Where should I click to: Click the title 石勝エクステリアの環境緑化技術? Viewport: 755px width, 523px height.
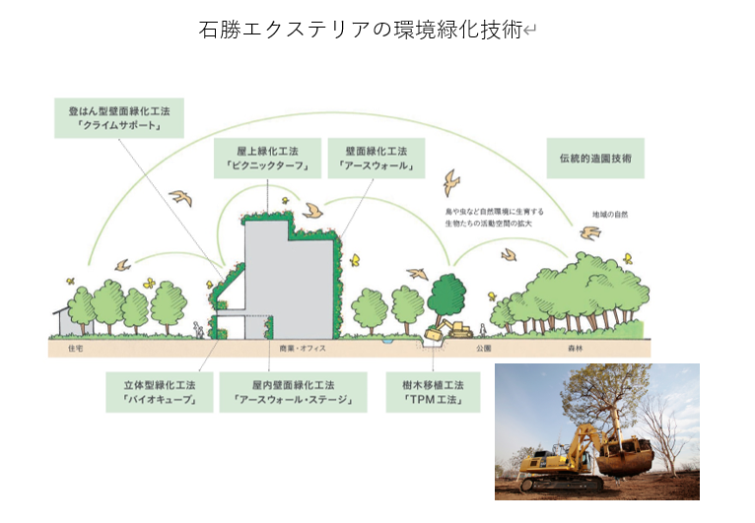tap(362, 31)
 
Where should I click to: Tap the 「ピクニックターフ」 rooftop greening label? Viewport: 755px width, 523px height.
tap(267, 159)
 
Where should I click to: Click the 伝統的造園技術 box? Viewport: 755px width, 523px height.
tap(595, 158)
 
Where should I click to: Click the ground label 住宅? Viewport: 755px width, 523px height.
tap(76, 349)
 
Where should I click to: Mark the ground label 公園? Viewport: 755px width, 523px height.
tap(484, 349)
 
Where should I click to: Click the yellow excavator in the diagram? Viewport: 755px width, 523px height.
tap(451, 329)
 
